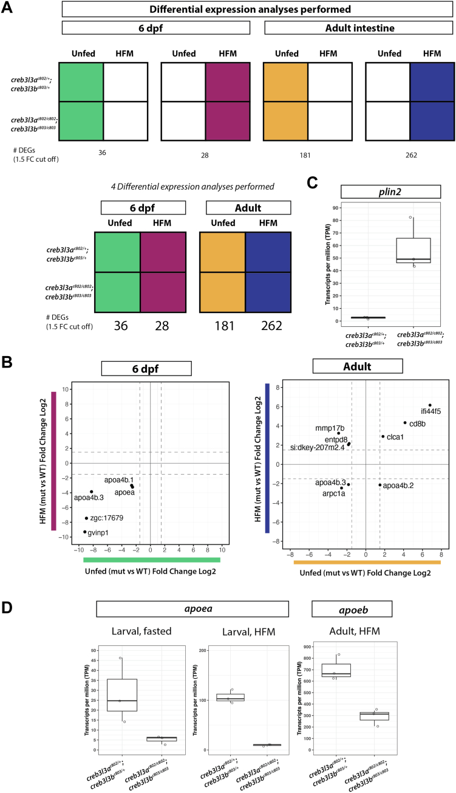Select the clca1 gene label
(395, 437)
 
